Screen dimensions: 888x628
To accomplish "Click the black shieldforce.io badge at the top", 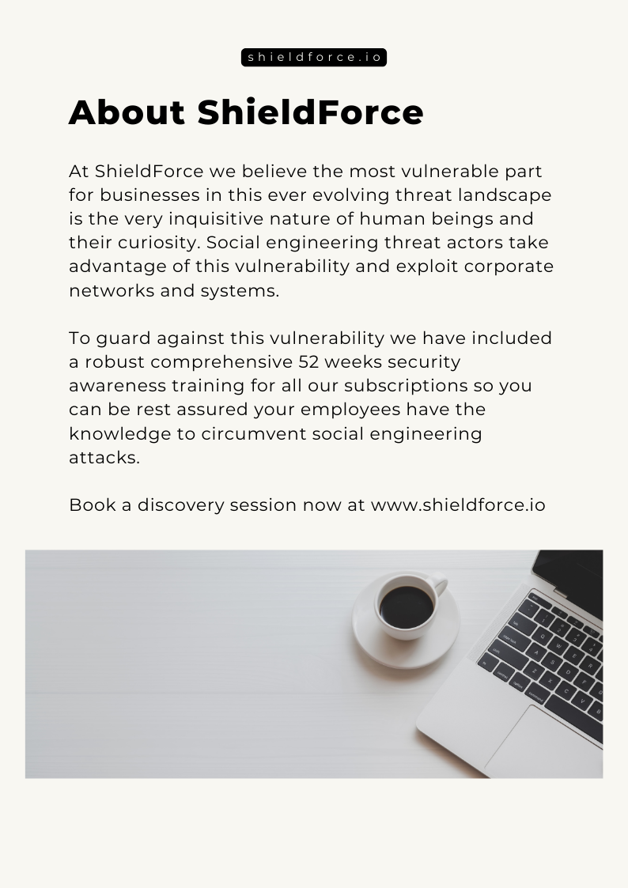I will pyautogui.click(x=314, y=58).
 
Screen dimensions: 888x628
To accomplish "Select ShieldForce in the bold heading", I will pyautogui.click(x=310, y=112).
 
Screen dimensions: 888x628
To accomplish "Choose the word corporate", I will pyautogui.click(x=509, y=266).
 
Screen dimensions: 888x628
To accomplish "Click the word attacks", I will pyautogui.click(x=104, y=457).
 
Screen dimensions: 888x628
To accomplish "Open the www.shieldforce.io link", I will pyautogui.click(x=458, y=504).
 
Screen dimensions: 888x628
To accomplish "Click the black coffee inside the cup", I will pyautogui.click(x=407, y=607).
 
